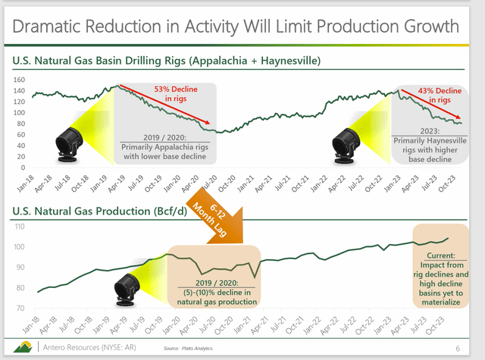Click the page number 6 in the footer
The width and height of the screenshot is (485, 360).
coord(459,347)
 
